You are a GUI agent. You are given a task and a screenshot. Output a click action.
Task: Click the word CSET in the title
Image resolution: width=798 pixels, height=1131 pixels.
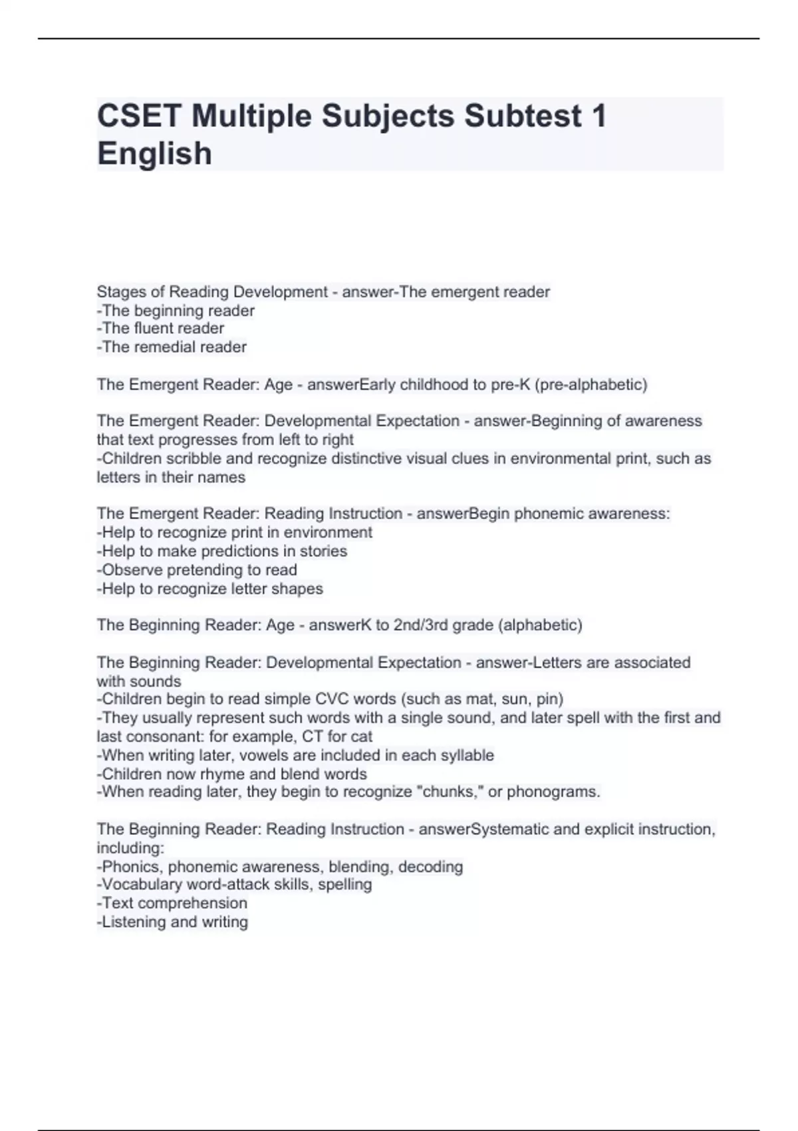click(x=139, y=116)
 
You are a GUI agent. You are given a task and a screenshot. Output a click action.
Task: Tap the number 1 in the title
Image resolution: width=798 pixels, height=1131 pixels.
click(x=598, y=116)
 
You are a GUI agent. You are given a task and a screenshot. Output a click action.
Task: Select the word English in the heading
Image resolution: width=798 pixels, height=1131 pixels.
click(x=154, y=154)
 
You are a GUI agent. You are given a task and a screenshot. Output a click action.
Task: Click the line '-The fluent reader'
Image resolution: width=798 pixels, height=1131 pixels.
click(x=160, y=329)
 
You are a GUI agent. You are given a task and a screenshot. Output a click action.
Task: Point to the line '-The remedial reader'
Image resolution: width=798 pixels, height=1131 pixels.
click(x=172, y=347)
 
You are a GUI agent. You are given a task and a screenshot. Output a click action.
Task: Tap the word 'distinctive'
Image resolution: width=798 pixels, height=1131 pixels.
click(x=370, y=458)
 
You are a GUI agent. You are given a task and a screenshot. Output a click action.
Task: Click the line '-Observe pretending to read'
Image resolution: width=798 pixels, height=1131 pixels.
click(x=197, y=570)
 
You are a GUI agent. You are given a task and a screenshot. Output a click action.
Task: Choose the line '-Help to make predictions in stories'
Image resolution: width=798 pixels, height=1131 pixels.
click(x=221, y=552)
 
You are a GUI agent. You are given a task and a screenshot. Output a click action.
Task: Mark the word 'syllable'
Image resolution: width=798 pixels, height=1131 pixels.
click(x=466, y=755)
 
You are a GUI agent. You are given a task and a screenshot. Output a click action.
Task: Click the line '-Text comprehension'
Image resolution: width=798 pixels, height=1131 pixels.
click(x=172, y=903)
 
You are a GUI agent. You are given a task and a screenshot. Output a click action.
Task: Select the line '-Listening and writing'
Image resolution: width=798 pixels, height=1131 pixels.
click(x=172, y=922)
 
